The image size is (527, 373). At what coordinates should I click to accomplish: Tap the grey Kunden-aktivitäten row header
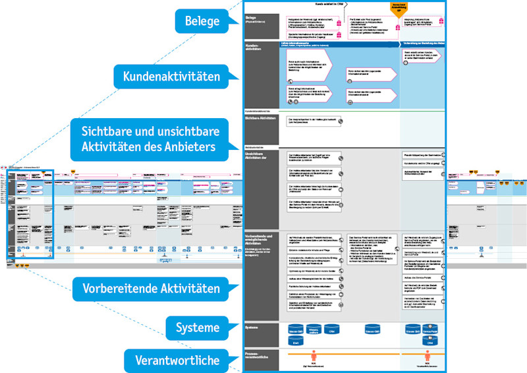pos(260,73)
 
